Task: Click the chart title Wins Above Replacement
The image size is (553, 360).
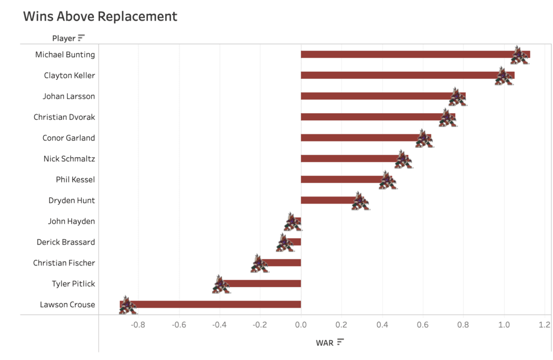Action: coord(100,16)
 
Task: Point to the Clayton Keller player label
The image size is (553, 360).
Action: coord(69,76)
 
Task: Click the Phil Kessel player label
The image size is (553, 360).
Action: coord(75,180)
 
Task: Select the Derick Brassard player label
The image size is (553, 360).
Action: coord(65,242)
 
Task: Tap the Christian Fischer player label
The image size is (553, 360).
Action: coord(64,263)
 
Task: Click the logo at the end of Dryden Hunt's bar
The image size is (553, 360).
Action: coord(360,201)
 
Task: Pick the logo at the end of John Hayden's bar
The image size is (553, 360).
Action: coord(292,222)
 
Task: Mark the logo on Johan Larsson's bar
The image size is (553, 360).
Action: coord(457,97)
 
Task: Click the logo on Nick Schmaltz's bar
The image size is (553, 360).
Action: coord(403,159)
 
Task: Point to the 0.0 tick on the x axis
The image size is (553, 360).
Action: coord(301,325)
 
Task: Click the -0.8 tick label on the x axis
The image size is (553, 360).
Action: coord(138,325)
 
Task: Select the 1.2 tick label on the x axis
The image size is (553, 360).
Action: coord(544,325)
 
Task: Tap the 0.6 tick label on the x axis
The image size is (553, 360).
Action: coord(423,325)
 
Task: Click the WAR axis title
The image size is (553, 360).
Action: coord(324,342)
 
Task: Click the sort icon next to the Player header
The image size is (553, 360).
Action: coord(82,38)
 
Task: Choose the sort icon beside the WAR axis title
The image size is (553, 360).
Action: coord(340,342)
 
